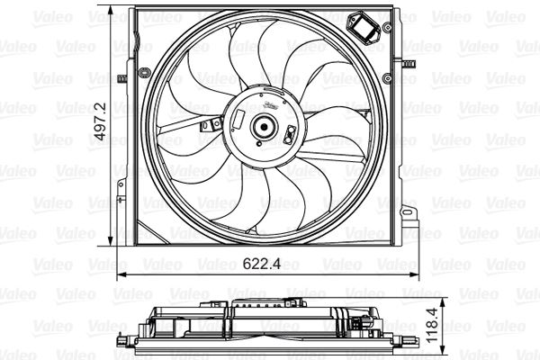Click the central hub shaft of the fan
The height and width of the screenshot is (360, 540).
point(265,127)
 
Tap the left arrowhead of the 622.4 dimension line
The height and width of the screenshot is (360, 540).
point(121,274)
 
